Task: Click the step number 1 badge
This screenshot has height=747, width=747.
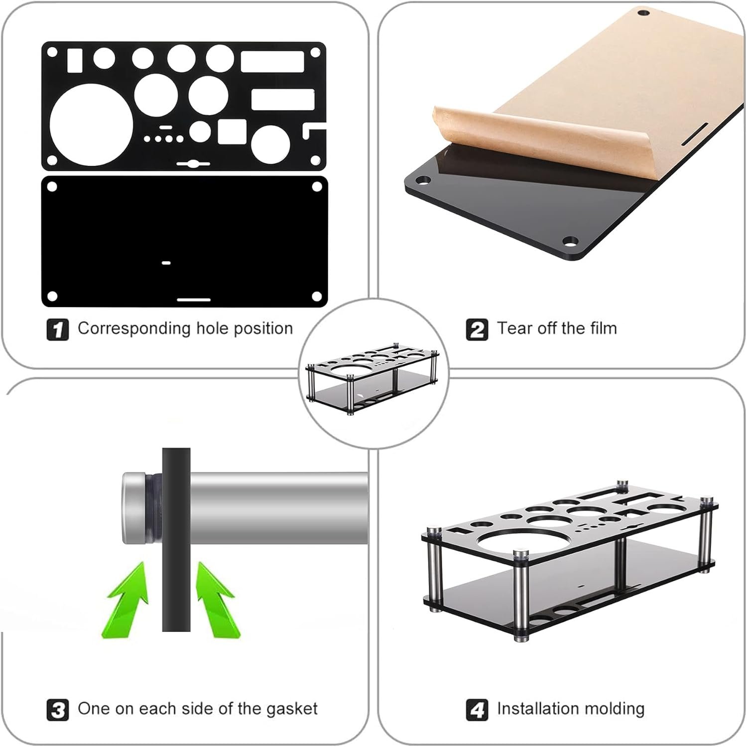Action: tap(58, 330)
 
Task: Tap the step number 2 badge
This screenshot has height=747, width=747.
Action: tap(477, 330)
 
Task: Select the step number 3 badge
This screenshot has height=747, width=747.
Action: tap(58, 709)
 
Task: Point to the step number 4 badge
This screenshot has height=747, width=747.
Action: tap(477, 709)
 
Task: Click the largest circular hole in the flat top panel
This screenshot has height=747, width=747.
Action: tap(92, 124)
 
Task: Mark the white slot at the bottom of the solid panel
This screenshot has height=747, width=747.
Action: tap(194, 300)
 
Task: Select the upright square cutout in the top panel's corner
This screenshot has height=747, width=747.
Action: tap(75, 60)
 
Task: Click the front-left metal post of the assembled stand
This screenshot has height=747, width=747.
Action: tap(520, 595)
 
